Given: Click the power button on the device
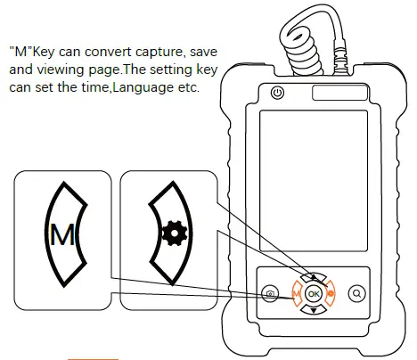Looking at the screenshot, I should [x=276, y=93].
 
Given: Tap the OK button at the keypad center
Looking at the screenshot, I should [x=313, y=292].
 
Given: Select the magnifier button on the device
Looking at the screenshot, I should [x=357, y=292].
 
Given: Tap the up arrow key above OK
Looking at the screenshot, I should [x=313, y=275].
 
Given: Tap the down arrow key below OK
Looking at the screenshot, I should [x=313, y=310].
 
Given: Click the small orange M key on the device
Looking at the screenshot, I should [x=295, y=292].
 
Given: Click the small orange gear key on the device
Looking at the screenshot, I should [x=331, y=292].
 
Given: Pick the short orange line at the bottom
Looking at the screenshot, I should [x=94, y=356].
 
